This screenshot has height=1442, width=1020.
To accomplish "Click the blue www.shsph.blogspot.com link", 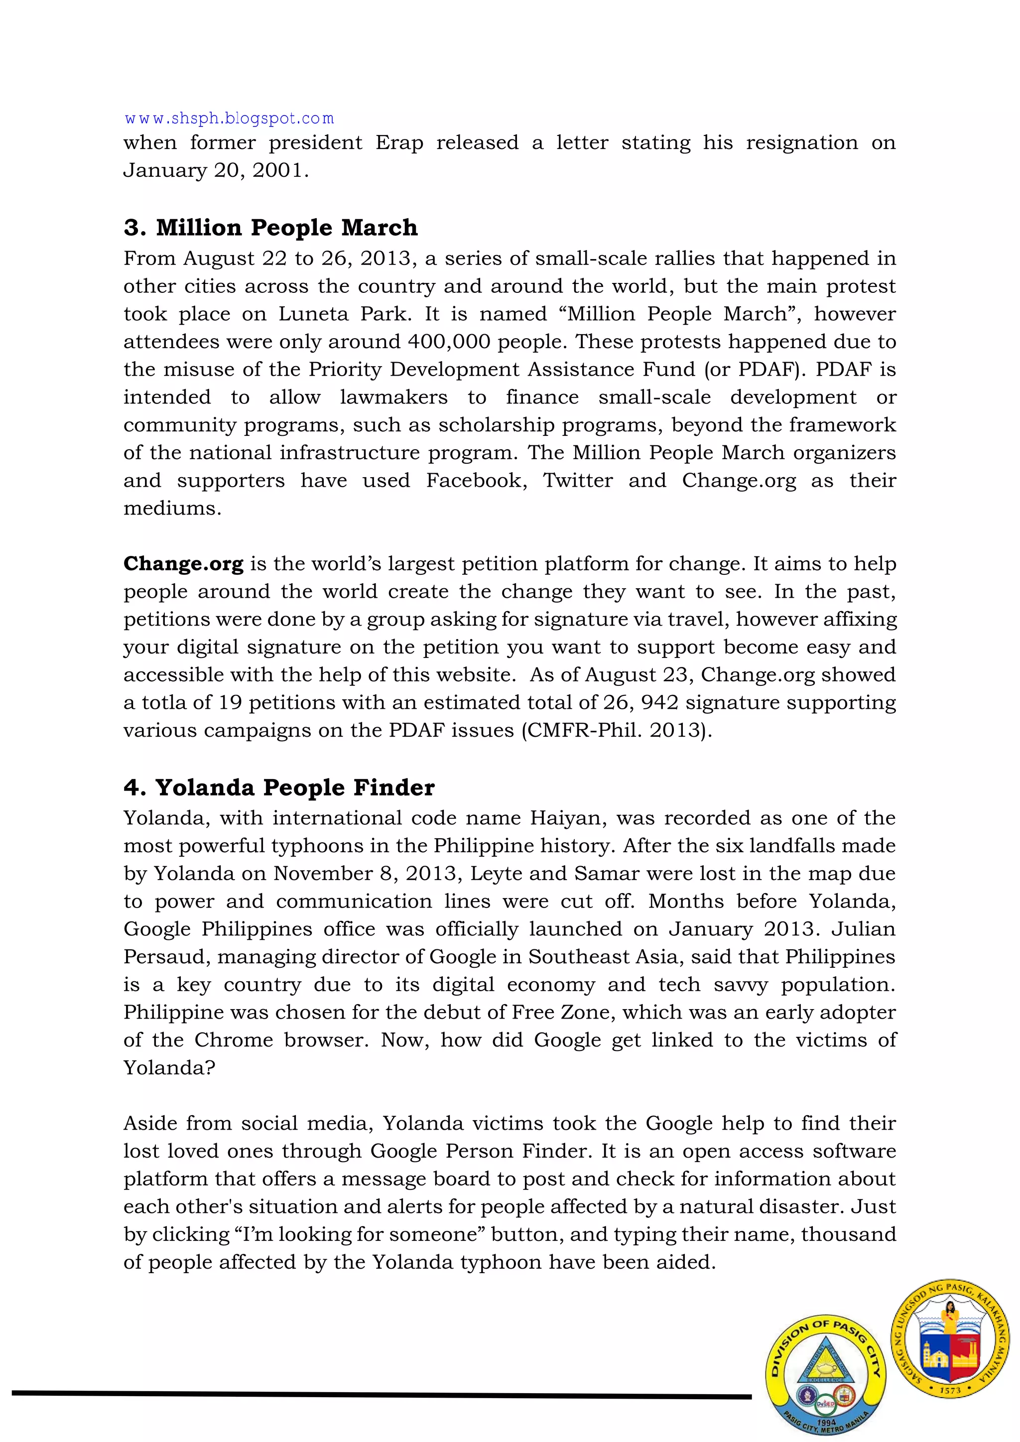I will tap(229, 118).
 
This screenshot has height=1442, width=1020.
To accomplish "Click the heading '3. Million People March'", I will tap(271, 227).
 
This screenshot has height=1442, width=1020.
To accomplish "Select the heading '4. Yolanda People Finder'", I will tap(279, 787).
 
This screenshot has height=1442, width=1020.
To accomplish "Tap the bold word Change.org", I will tap(183, 564).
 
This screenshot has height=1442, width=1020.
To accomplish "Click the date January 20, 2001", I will tap(216, 171).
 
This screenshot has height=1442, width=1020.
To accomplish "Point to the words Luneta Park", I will tap(342, 314).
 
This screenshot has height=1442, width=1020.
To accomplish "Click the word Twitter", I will tap(578, 481).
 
